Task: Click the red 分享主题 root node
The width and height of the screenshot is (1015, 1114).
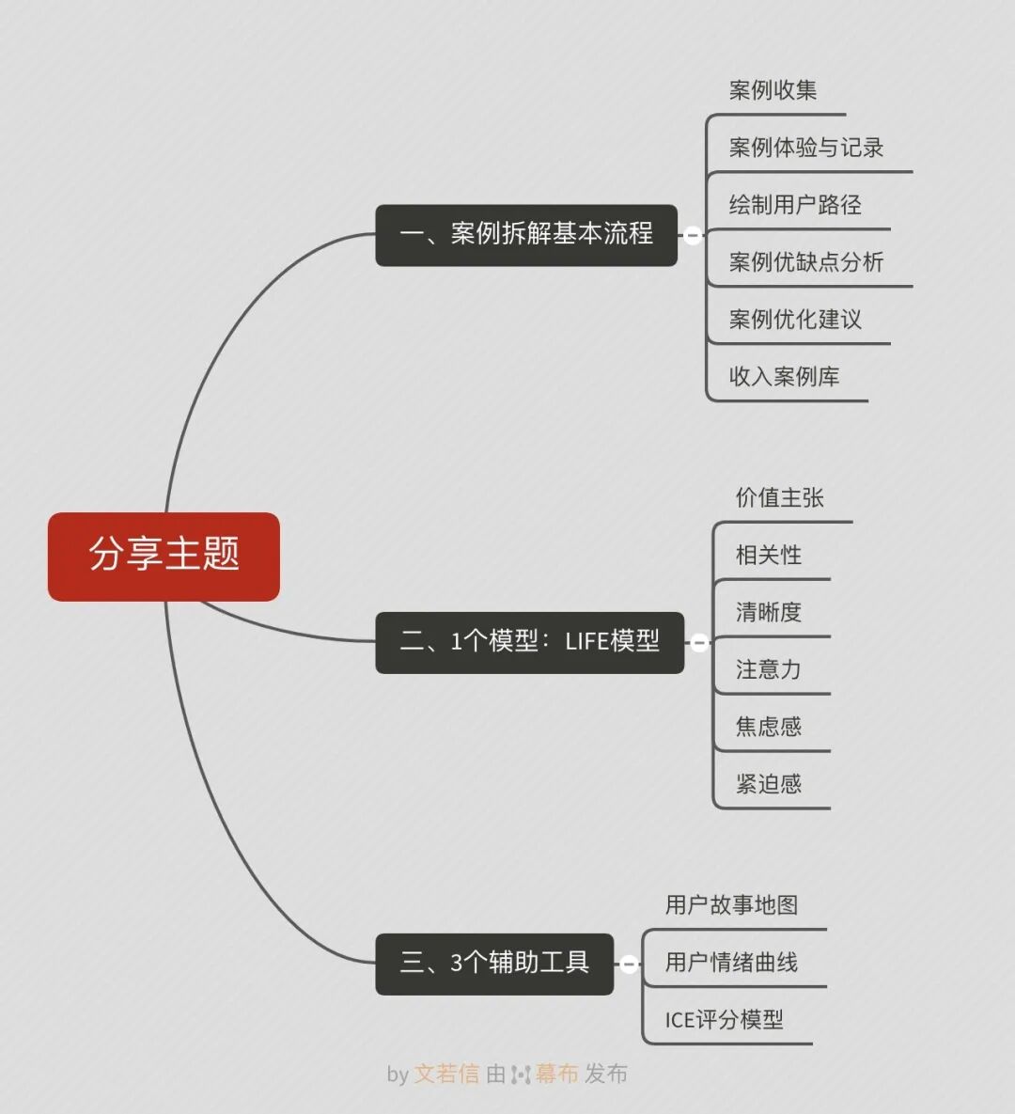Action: tap(164, 556)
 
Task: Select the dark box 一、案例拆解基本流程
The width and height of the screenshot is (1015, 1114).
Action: tap(525, 235)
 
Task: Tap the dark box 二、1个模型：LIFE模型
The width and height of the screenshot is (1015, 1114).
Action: tap(529, 642)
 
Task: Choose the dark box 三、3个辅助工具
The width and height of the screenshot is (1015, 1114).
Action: tap(494, 964)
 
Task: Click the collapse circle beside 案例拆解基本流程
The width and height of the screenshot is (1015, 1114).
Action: tap(693, 235)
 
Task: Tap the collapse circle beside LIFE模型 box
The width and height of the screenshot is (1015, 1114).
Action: tap(699, 643)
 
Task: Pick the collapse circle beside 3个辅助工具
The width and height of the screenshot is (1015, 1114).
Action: tap(629, 964)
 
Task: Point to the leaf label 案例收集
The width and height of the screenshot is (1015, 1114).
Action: tap(773, 90)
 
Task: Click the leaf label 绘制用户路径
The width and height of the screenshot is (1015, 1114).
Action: tap(795, 205)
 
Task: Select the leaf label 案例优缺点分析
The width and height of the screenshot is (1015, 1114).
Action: tap(806, 262)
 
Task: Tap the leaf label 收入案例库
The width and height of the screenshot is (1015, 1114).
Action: tap(784, 377)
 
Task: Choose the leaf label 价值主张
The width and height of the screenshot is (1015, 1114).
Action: tap(779, 498)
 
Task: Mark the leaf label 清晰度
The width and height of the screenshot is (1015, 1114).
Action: tap(768, 613)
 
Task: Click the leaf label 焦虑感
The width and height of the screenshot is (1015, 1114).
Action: tap(768, 727)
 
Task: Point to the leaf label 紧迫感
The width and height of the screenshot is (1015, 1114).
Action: tap(768, 784)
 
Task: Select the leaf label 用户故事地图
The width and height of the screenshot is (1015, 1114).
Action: tap(731, 905)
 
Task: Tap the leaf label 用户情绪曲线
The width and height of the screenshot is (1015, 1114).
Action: tap(731, 963)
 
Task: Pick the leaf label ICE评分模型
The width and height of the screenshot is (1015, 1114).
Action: tap(724, 1020)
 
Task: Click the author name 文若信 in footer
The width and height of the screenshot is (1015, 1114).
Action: tap(446, 1074)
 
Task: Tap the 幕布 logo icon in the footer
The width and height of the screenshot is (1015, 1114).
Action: tap(521, 1074)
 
